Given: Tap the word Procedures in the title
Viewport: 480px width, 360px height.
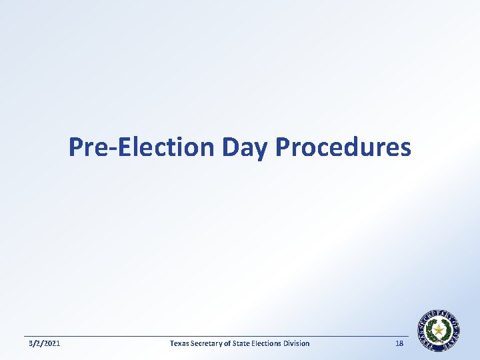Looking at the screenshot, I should [x=343, y=147].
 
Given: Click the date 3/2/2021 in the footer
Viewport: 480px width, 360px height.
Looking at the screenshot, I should [x=45, y=343].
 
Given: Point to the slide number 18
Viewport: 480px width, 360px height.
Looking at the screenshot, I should [x=399, y=343].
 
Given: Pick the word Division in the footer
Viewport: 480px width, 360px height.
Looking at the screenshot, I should [x=296, y=343].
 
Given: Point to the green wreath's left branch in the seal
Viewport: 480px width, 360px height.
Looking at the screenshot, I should [x=430, y=331].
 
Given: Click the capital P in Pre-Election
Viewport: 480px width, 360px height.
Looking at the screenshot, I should [x=75, y=147].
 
